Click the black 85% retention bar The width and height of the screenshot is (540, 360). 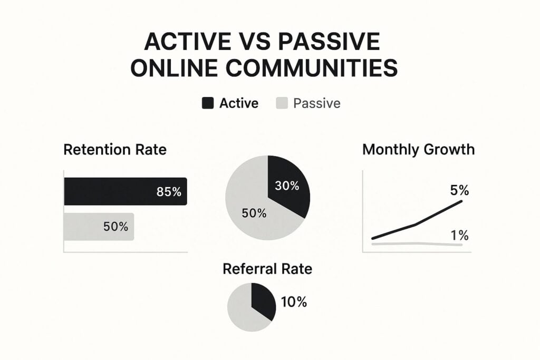tap(126, 191)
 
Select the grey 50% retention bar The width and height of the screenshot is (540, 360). tap(99, 227)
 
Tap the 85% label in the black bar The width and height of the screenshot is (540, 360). tap(169, 192)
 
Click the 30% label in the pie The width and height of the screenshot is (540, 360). tap(287, 186)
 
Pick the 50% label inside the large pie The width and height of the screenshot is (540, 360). tap(254, 213)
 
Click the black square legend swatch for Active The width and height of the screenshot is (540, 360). tap(208, 103)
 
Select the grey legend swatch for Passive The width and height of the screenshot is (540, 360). tap(282, 103)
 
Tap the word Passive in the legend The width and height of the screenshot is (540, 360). tap(317, 103)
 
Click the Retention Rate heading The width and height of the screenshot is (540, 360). tap(115, 150)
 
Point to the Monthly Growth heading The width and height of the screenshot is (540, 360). tap(418, 149)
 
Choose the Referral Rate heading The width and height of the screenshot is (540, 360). tap(267, 269)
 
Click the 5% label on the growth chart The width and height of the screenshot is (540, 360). tap(459, 190)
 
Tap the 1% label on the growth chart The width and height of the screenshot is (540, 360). tap(459, 236)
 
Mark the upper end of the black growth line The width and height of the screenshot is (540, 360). tap(461, 201)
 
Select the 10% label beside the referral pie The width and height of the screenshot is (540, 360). tap(294, 302)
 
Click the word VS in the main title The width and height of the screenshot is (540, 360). tap(252, 42)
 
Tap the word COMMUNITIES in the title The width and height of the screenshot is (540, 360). tap(312, 67)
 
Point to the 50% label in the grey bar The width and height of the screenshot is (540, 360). tap(115, 227)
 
